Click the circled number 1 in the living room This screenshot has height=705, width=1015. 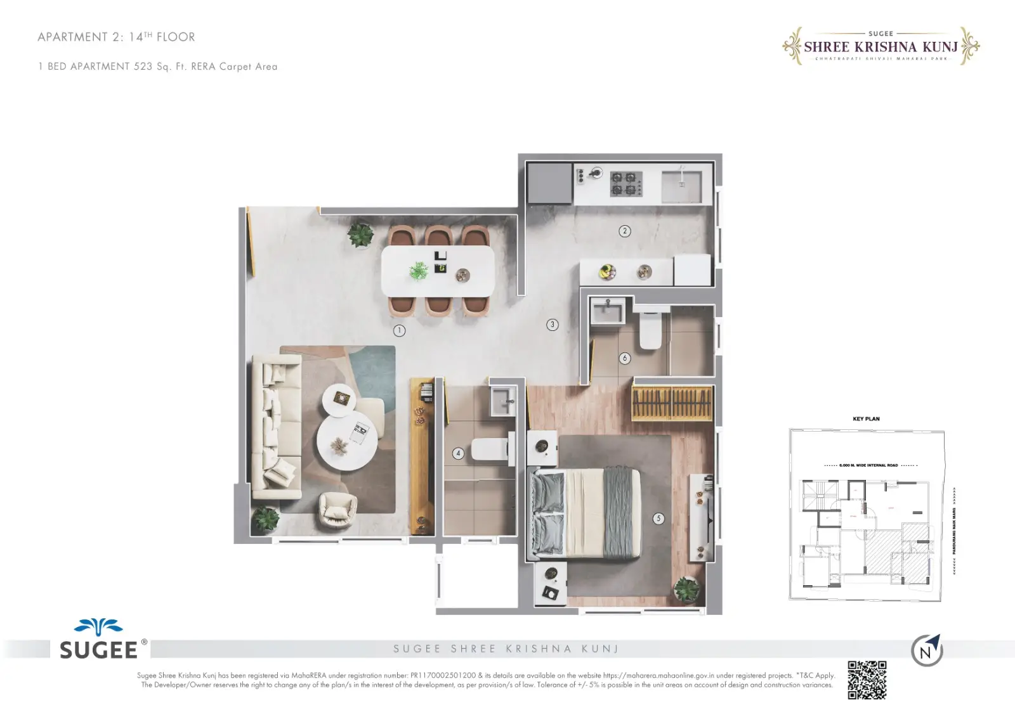pos(399,330)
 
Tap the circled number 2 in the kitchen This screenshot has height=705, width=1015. pos(625,231)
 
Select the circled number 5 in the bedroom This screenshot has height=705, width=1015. pos(658,519)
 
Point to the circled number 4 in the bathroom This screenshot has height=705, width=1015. pos(458,453)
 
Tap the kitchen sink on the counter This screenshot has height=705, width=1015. pos(681,186)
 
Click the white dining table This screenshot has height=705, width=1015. pos(438,271)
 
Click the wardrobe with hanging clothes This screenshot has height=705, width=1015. pos(672,402)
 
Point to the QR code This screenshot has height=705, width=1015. pos(867,680)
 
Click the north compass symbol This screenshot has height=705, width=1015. pos(927,650)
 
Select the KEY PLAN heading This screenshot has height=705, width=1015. pos(866,419)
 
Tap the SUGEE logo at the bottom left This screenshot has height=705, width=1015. pos(99,640)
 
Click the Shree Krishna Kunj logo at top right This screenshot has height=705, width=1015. pos(881,46)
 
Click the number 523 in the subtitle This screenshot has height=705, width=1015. pos(143,67)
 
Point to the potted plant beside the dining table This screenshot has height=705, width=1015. pos(360,235)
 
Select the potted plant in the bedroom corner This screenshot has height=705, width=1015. pos(686,590)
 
